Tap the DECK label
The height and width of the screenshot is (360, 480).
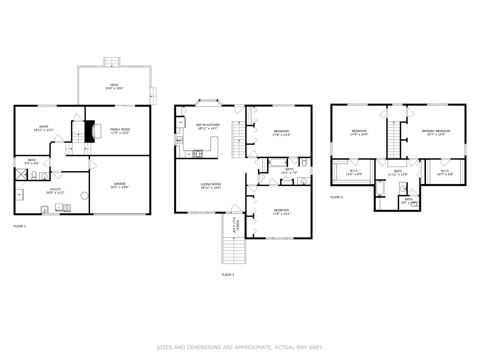point(114,85)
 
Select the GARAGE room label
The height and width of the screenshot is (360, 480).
point(120,184)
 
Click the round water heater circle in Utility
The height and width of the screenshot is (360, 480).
point(84,196)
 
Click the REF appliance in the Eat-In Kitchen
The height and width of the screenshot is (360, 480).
point(180,122)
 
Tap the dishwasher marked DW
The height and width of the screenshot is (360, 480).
point(189,154)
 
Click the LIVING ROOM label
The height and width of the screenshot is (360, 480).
point(211,184)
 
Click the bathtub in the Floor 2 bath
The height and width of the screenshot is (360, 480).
point(278,163)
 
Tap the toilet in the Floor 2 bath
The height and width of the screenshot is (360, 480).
point(304,163)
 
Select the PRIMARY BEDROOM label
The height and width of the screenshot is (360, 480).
point(436,131)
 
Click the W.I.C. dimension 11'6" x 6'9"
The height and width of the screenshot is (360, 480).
point(354,174)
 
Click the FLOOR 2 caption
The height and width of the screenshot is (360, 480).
point(228,275)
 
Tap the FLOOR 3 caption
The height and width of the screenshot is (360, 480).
point(336,197)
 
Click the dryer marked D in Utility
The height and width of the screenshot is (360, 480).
point(59,208)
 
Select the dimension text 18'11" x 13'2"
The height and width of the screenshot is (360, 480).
point(44,130)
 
